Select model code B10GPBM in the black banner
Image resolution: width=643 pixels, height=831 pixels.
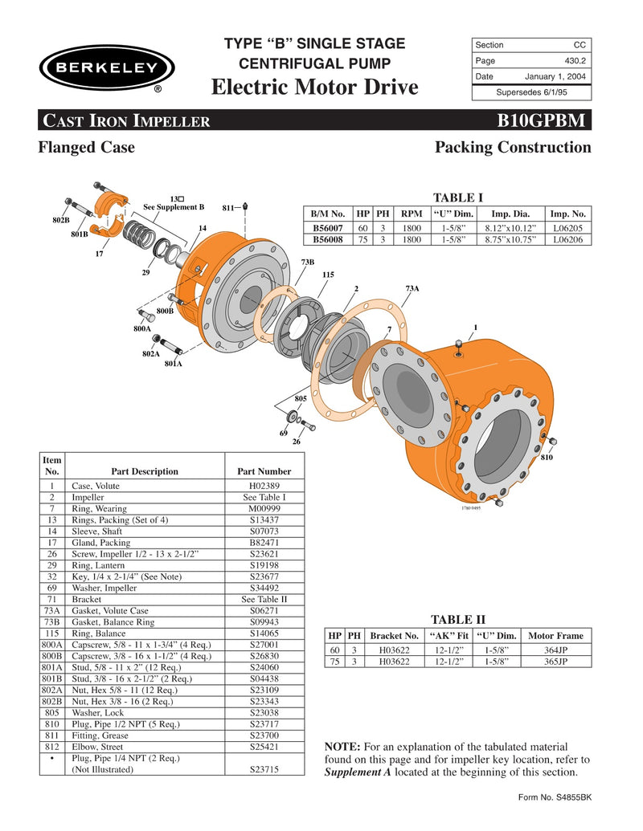(x=545, y=122)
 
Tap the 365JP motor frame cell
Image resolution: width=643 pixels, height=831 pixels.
(x=555, y=662)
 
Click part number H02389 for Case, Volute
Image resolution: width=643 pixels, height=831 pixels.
(x=264, y=486)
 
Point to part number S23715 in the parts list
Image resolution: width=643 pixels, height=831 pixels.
(x=264, y=769)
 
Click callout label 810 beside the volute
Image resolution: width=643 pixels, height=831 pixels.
(x=546, y=457)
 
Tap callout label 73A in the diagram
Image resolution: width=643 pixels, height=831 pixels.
(x=412, y=288)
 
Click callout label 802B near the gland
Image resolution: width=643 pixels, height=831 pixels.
(x=61, y=220)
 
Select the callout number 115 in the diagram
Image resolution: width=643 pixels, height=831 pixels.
(x=327, y=275)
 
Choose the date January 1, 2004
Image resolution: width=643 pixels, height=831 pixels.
(x=555, y=77)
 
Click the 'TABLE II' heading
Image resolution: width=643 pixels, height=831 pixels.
(x=458, y=619)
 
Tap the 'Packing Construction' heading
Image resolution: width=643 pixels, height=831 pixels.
(x=512, y=148)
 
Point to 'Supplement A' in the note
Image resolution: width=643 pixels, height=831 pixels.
(x=358, y=772)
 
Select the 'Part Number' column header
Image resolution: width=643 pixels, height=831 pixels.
(x=264, y=471)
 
